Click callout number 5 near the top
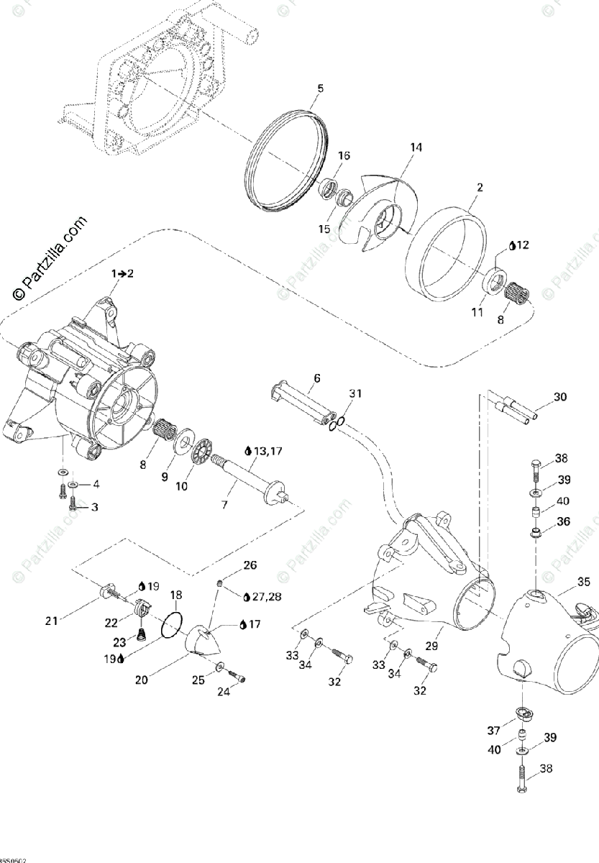(x=320, y=88)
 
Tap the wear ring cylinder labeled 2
(x=446, y=252)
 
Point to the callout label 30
(x=560, y=396)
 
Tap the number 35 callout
(x=583, y=581)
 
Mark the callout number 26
(x=249, y=565)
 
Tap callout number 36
(x=562, y=521)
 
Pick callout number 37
(x=493, y=731)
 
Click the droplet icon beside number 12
(x=512, y=245)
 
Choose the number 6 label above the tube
(x=317, y=378)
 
